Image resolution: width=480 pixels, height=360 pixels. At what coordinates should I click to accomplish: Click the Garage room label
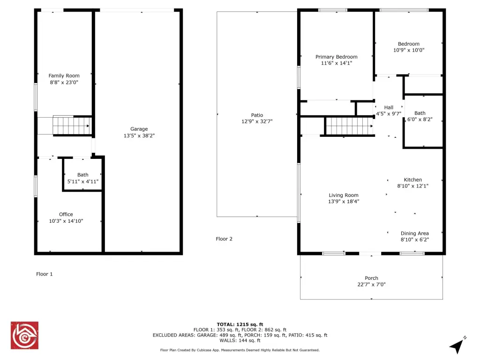[x=139, y=129]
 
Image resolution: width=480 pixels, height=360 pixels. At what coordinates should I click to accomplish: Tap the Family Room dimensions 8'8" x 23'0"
[x=64, y=82]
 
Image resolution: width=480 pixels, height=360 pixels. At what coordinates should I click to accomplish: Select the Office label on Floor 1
[x=66, y=214]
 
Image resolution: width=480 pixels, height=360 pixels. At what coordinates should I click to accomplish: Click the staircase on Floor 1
[x=72, y=126]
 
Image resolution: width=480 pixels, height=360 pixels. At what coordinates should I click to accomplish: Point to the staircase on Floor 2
[x=349, y=126]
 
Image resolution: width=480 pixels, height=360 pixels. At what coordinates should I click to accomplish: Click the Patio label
[x=257, y=115]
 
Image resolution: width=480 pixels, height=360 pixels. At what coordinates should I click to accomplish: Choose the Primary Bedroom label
[x=337, y=57]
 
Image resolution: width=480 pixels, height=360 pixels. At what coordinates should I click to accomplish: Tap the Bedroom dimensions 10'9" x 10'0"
[x=409, y=50]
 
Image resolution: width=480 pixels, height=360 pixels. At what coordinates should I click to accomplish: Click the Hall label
[x=389, y=107]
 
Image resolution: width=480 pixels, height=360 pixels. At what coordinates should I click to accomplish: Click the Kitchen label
[x=412, y=180]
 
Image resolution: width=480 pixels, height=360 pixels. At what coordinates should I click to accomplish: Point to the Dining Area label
[x=414, y=233]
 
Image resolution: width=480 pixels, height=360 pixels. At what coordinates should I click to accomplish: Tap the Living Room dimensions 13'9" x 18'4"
[x=344, y=201]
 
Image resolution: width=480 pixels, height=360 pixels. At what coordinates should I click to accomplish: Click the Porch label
[x=371, y=278]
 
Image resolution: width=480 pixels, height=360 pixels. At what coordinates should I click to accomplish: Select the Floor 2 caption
[x=224, y=239]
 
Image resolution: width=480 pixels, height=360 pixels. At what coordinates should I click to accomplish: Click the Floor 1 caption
[x=45, y=274]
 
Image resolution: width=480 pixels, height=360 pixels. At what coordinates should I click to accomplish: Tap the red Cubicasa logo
[x=24, y=335]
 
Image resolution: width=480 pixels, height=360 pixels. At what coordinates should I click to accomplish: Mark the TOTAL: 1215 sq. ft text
[x=240, y=324]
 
